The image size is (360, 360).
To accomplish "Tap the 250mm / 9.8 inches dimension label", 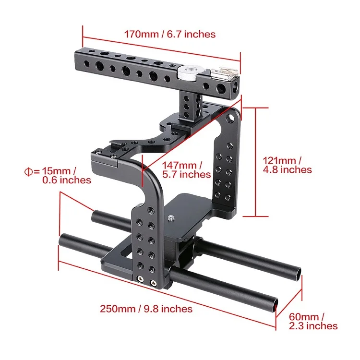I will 146,309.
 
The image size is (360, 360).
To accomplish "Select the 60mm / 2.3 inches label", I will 313,321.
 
